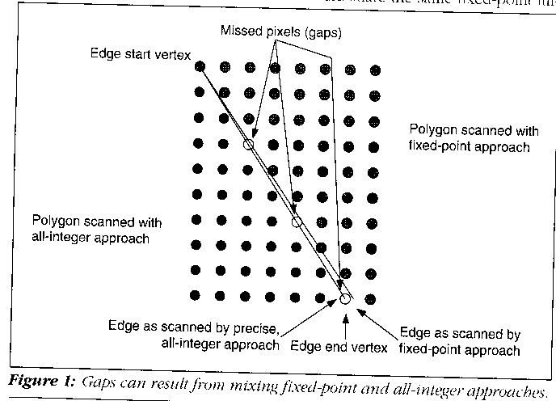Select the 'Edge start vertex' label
tap(141, 54)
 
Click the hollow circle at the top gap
tap(249, 145)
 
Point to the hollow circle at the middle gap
tap(297, 222)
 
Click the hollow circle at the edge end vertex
tap(346, 299)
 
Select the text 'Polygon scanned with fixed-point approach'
tap(470, 138)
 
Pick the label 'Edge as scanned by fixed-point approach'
tap(460, 341)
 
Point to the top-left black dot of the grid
tap(200, 66)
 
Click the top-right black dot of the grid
tap(374, 71)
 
